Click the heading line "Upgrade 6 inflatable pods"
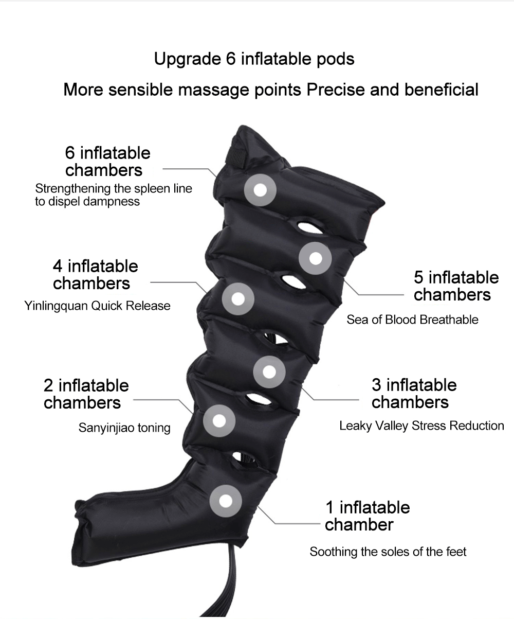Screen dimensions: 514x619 click(254, 59)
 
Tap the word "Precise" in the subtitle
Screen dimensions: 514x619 click(336, 90)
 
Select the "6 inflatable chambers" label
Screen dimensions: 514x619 click(108, 162)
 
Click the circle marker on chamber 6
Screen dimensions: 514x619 click(260, 190)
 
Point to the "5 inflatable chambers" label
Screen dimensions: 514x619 click(456, 286)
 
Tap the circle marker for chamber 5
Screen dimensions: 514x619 click(315, 258)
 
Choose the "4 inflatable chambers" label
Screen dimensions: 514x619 click(95, 275)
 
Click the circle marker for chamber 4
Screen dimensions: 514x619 click(238, 299)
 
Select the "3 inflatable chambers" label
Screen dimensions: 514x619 click(414, 394)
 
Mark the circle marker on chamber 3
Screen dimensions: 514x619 click(269, 372)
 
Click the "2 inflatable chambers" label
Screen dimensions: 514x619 click(86, 394)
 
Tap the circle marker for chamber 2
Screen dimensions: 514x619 click(219, 421)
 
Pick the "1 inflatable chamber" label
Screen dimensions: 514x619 click(368, 516)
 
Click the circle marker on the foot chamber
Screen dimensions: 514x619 click(226, 501)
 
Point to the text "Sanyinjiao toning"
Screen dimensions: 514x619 click(124, 428)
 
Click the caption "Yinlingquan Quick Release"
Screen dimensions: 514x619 click(98, 306)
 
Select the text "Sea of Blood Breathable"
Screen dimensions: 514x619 click(412, 320)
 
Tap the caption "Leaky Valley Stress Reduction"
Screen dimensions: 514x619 click(421, 426)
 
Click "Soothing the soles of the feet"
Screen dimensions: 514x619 click(388, 552)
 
